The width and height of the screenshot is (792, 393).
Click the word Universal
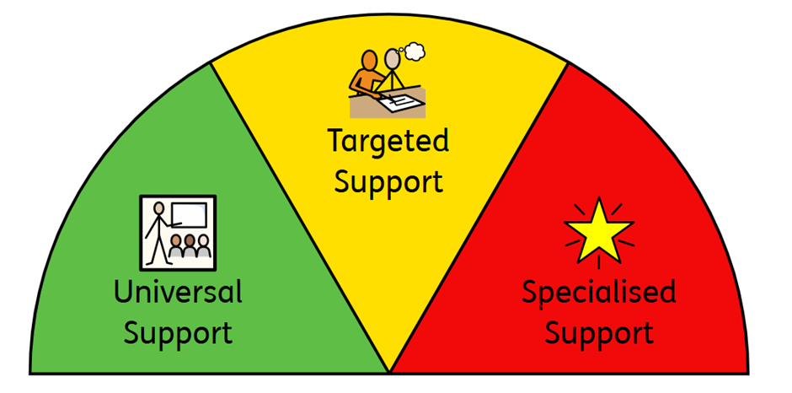pos(179,293)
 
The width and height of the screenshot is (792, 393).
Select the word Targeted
pos(388,142)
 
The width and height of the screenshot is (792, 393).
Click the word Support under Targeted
pos(388,180)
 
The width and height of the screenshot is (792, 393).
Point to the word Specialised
pos(598,293)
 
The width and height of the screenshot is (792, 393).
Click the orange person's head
pos(372,61)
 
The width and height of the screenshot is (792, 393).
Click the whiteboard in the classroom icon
pos(189,216)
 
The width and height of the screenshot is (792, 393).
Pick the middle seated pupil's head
pos(190,242)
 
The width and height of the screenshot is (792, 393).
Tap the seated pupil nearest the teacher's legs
pos(175,245)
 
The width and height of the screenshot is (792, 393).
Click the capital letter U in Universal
pos(123,293)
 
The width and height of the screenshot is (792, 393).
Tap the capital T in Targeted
pos(336,141)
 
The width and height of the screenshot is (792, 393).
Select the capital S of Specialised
pos(530,293)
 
